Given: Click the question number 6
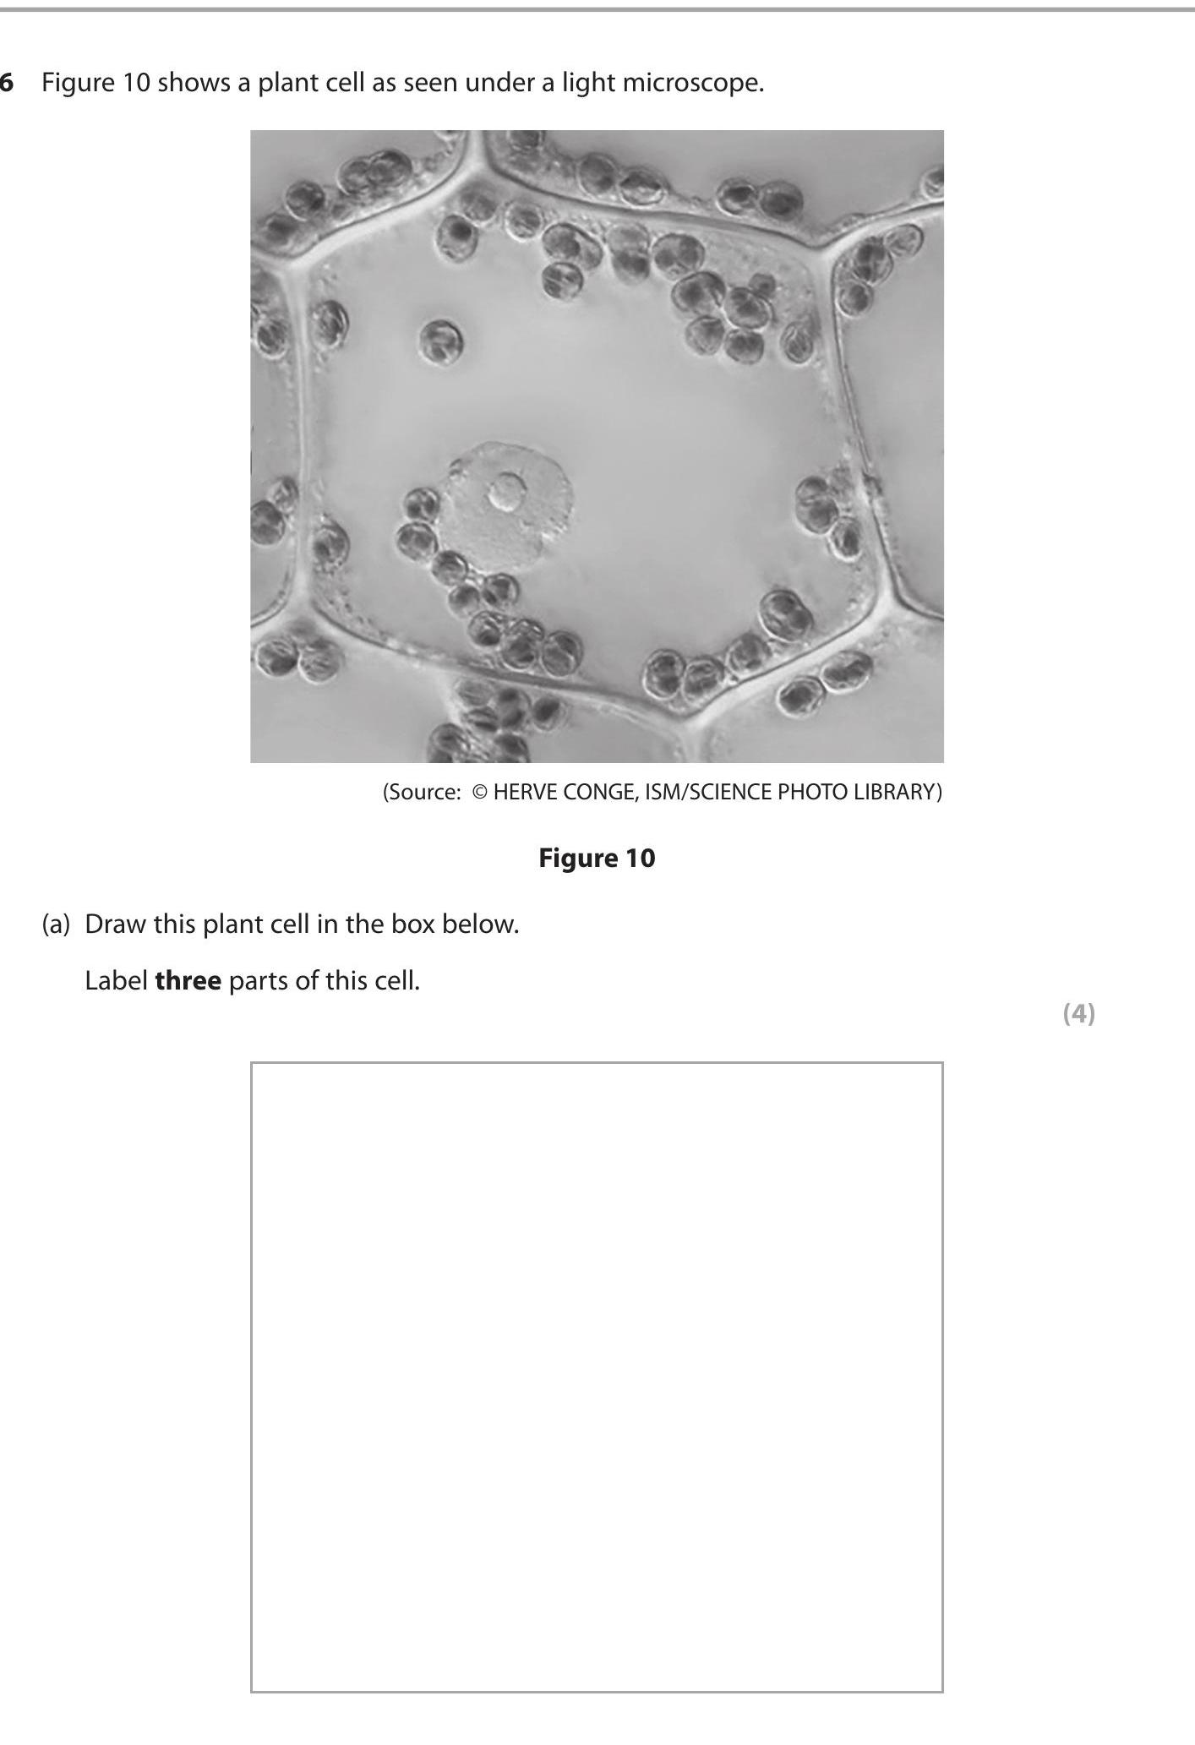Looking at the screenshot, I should point(7,83).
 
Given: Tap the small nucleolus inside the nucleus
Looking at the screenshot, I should point(507,491).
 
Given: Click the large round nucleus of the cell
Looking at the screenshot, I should point(510,507).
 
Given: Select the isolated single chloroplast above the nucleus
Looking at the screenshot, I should point(440,341).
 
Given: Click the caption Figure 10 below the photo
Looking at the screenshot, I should point(597,858).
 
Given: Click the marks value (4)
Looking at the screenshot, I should point(1078,1013).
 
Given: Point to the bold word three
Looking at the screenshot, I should point(188,981).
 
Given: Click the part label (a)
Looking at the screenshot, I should point(56,924).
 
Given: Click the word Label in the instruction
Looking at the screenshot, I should point(116,981).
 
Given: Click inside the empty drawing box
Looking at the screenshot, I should point(597,1377).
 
